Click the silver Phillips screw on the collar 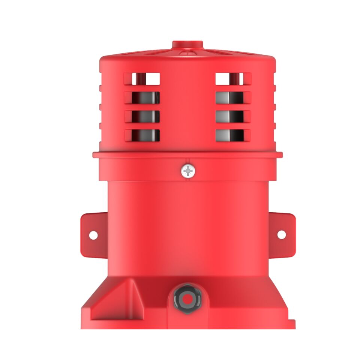(187, 172)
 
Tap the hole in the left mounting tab (93, 235)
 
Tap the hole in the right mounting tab (281, 234)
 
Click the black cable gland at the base (187, 299)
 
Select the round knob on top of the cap (187, 45)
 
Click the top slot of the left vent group (142, 79)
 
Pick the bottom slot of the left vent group (142, 135)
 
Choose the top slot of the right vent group (233, 79)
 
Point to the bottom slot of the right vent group (233, 135)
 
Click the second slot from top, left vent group (142, 98)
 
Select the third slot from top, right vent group (233, 117)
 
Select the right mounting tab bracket (281, 234)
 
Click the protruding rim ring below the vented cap (187, 154)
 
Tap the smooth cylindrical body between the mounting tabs (187, 229)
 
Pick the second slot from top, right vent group (233, 98)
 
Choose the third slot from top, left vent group (142, 117)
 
